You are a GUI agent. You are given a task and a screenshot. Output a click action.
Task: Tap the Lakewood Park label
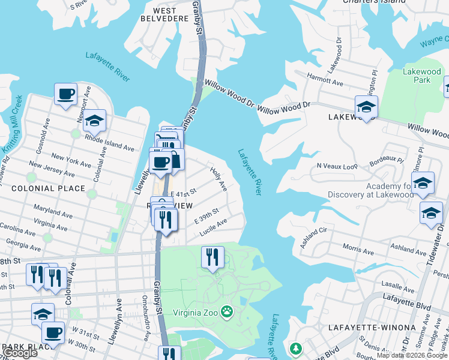[421, 76]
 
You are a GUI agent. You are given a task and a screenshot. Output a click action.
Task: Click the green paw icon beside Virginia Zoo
[227, 311]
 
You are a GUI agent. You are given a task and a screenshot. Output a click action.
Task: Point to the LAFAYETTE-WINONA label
[372, 328]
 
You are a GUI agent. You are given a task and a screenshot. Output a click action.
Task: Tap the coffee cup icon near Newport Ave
[66, 94]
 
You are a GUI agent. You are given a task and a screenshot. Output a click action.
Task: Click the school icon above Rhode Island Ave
[94, 121]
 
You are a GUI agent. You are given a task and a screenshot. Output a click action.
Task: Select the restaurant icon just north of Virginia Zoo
[212, 257]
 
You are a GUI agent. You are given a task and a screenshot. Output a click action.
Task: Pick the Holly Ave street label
[218, 179]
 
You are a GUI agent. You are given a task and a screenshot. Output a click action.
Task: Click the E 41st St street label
[184, 193]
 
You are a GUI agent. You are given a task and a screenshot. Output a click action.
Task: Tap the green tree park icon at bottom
[295, 348]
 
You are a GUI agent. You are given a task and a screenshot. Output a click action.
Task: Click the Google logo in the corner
[20, 353]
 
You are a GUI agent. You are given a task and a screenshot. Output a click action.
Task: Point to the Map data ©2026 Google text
[412, 355]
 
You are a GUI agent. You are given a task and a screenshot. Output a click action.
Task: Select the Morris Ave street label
[358, 247]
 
